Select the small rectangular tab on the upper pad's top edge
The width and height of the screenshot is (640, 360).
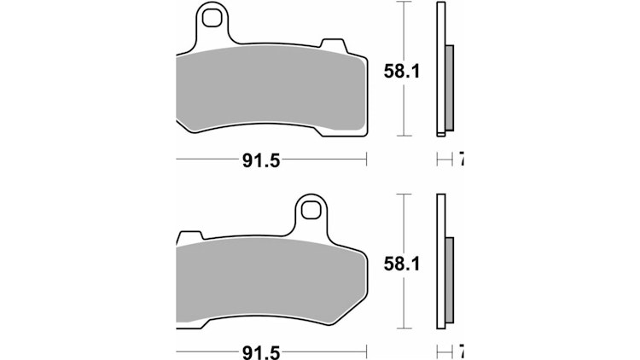point(330,44)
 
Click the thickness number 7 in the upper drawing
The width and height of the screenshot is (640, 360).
point(462,160)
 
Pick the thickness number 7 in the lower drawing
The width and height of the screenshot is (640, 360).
point(462,351)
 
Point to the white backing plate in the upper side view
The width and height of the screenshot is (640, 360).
point(441,68)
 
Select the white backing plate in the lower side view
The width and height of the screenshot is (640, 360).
point(441,260)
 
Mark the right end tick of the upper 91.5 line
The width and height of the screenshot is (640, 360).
point(366,160)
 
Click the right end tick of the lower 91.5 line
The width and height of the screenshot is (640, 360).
point(366,351)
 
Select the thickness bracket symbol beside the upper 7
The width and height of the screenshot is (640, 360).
point(443,160)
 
